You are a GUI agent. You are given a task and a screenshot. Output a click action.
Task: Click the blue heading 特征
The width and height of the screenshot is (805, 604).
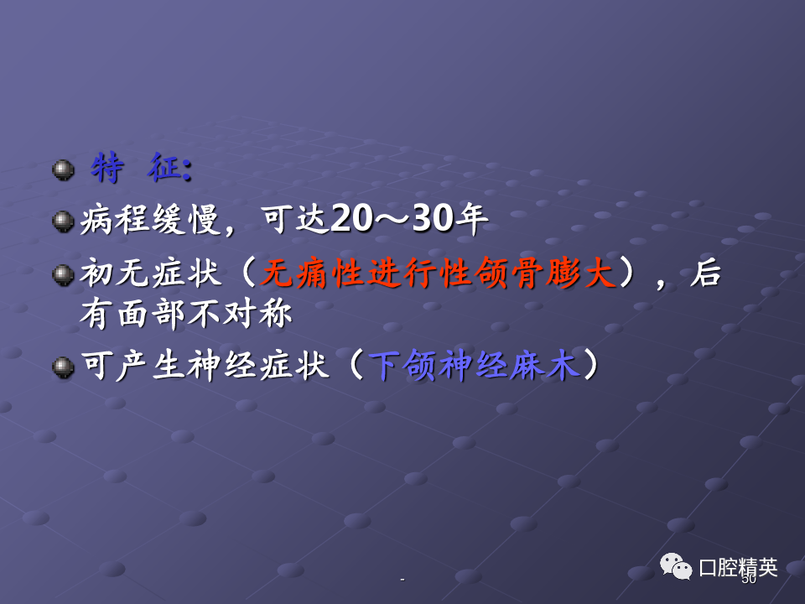142,168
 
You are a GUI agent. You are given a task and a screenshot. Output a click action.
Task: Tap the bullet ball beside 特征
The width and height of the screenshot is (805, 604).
63,170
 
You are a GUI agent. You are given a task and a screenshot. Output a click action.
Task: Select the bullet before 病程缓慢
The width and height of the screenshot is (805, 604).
63,221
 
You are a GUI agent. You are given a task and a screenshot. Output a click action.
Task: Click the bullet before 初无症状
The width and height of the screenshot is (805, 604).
63,275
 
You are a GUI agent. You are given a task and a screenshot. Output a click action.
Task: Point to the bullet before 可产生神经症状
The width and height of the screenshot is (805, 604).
63,367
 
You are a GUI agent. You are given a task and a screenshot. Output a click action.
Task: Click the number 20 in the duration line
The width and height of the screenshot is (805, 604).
351,218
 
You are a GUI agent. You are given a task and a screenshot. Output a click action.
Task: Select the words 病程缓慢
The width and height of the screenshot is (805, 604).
150,220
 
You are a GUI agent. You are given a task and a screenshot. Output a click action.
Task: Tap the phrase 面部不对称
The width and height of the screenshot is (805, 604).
205,313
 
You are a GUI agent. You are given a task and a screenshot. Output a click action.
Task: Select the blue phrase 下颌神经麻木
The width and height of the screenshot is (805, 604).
475,366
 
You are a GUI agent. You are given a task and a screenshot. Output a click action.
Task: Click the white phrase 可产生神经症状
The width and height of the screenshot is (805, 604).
205,366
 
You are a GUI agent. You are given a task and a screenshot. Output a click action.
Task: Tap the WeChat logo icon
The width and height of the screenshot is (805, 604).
676,566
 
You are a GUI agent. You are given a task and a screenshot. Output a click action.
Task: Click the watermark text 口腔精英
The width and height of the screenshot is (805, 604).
738,568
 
